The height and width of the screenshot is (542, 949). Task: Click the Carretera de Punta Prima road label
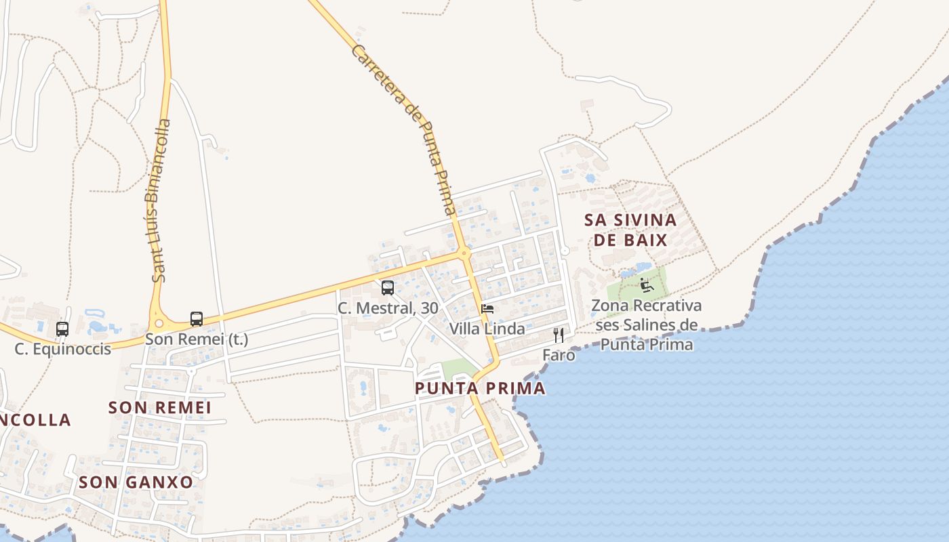tap(404, 129)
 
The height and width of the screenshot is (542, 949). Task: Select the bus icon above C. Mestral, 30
tap(388, 288)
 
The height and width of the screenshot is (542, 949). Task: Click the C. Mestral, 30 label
tap(388, 308)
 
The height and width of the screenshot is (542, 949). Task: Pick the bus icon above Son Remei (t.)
tap(197, 319)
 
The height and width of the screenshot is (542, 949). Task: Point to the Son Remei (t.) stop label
tap(197, 339)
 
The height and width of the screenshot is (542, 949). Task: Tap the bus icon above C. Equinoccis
tap(62, 329)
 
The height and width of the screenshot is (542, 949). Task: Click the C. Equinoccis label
tap(62, 350)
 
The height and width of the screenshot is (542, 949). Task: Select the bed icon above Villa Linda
tap(487, 309)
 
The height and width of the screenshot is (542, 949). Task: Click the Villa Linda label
tap(487, 329)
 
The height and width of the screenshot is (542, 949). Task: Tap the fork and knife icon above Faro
tap(559, 335)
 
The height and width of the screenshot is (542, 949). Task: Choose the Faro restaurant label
tap(559, 355)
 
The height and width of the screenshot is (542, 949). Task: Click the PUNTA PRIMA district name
tap(480, 388)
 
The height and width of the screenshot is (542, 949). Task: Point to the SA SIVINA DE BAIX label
tap(630, 230)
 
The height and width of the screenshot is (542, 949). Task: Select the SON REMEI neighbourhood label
tap(160, 407)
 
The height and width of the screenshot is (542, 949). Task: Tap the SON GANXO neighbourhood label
tap(136, 482)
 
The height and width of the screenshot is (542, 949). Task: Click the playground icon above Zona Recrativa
tap(647, 285)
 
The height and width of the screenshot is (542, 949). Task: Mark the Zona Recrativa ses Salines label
tap(646, 325)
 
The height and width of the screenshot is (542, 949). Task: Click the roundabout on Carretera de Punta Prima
tap(464, 253)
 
